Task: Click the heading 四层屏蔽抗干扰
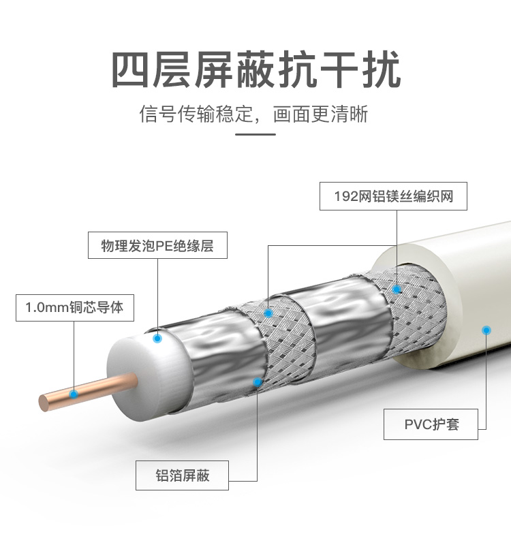point(255,70)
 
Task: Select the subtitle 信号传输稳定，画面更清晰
point(254,113)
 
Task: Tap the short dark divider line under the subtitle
point(255,134)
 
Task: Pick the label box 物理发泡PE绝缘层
point(157,246)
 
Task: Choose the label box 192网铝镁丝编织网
point(394,197)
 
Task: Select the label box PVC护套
point(431,424)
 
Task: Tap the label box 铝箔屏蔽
point(182,475)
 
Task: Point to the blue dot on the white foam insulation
point(157,337)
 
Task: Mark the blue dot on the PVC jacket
point(486,330)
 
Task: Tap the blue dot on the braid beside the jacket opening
point(397,289)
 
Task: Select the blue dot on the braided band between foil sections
point(268,313)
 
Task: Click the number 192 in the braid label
point(346,197)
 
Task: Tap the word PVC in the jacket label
point(415,424)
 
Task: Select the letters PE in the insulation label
point(166,246)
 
